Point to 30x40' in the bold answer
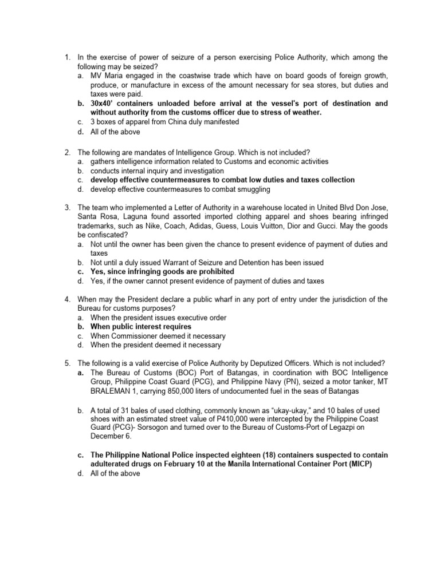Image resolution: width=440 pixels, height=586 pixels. [104, 104]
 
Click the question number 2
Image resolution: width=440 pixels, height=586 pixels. [67, 152]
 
